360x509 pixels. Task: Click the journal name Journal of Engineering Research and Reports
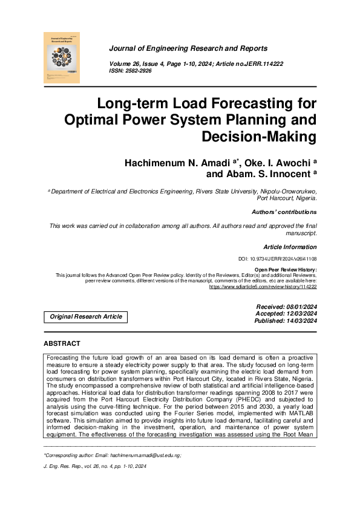[x=188, y=48]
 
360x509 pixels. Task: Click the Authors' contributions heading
[x=284, y=212]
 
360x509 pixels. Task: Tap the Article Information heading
[x=290, y=247]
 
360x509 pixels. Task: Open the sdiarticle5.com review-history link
[x=262, y=287]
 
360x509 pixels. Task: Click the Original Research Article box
[x=86, y=317]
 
